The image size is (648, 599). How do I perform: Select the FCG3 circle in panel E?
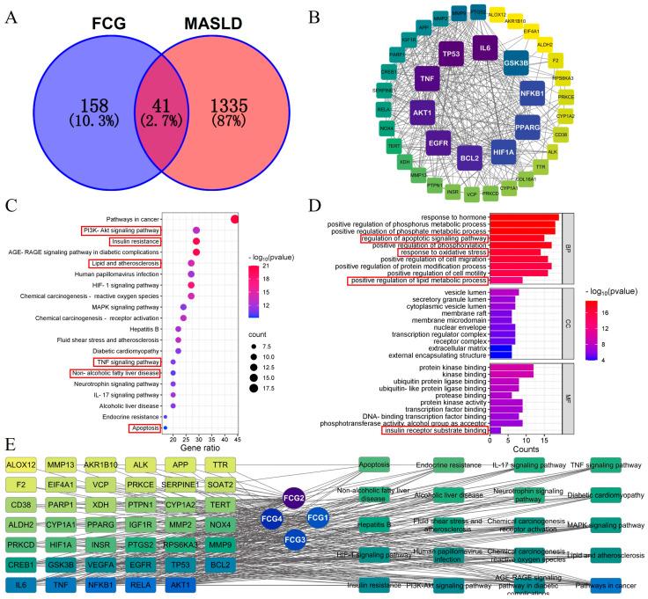[x=294, y=538]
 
